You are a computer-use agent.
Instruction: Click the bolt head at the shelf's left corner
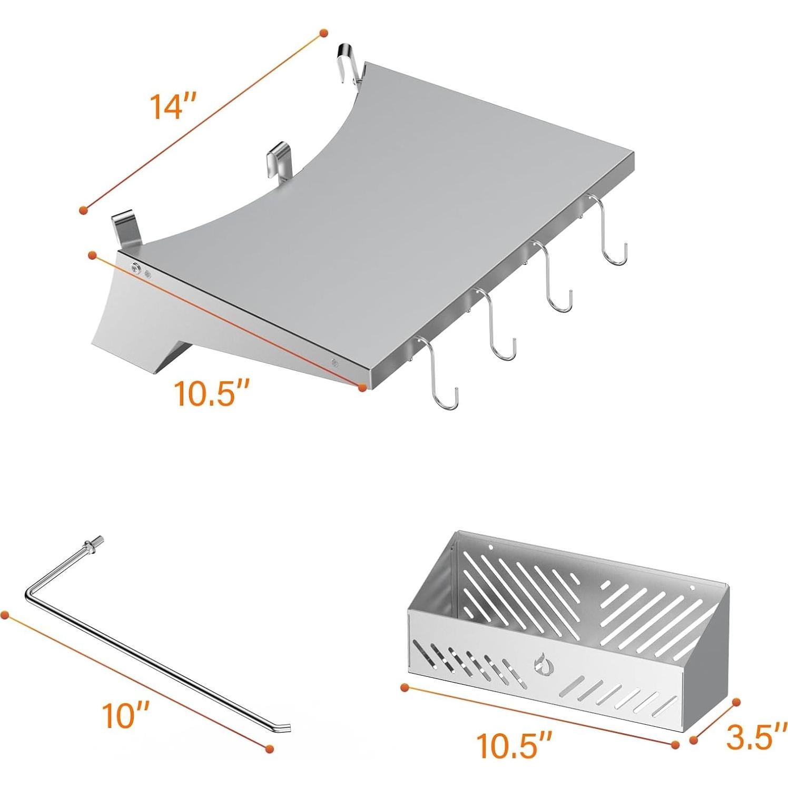point(136,269)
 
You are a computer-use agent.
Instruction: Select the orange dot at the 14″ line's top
point(323,33)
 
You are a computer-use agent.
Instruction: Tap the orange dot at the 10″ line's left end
point(6,615)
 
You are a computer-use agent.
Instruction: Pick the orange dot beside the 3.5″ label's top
point(736,702)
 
